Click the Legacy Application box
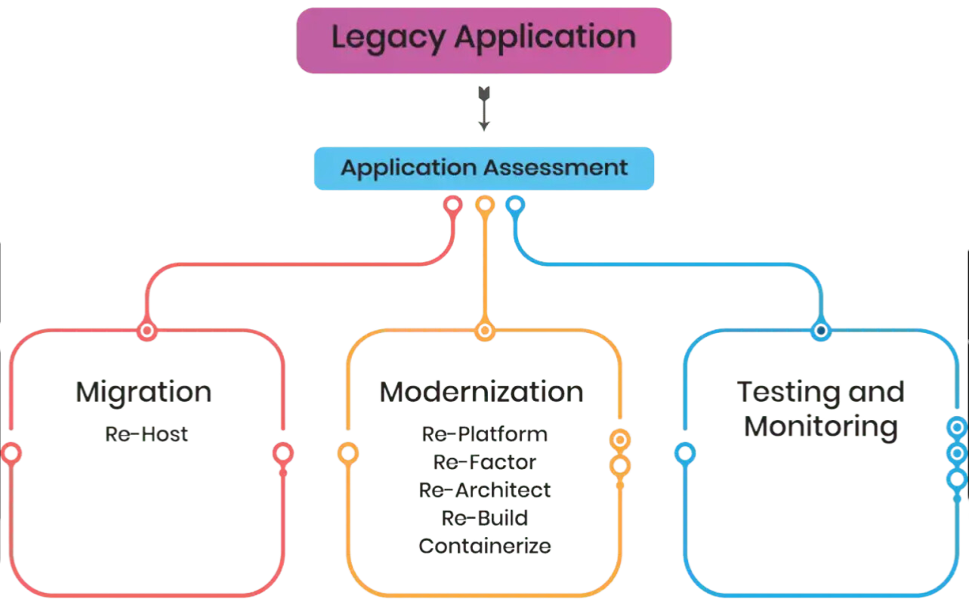[483, 39]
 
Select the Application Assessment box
[484, 168]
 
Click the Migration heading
[143, 393]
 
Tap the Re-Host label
[147, 434]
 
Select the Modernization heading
[482, 393]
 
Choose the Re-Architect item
[485, 489]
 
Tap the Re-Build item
[485, 517]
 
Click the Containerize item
[485, 545]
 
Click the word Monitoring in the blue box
[821, 427]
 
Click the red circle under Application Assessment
[452, 205]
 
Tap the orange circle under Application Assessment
[484, 205]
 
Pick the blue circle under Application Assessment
[516, 205]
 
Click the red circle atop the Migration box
[147, 330]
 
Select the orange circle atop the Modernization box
[484, 330]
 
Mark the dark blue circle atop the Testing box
[821, 330]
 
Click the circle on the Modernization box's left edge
[347, 453]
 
